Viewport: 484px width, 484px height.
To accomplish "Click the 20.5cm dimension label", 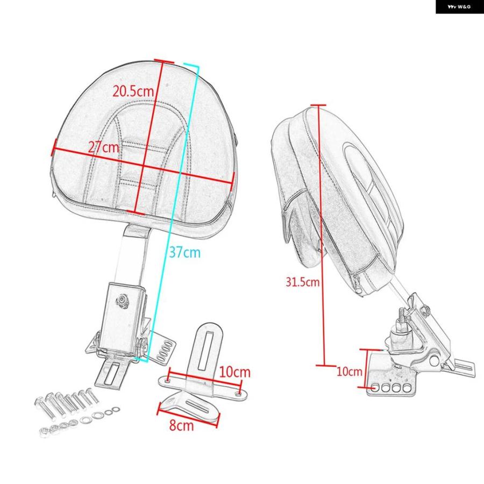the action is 133,91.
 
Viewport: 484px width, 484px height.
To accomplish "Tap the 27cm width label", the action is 103,147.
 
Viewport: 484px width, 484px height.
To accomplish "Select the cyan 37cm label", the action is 184,253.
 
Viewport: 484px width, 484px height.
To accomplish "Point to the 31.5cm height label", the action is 302,282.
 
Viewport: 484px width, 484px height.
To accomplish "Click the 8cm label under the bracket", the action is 182,425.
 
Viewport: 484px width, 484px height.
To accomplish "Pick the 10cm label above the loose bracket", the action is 234,372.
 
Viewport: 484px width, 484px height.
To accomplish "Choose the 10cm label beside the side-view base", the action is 349,371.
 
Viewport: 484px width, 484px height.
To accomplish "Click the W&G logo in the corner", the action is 459,6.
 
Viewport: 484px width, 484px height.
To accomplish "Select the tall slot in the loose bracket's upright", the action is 205,350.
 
